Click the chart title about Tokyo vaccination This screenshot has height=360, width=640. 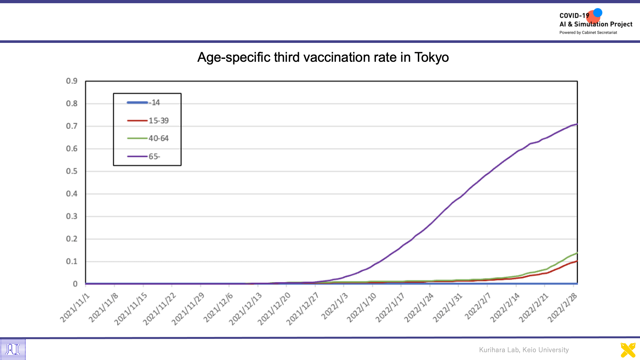point(323,57)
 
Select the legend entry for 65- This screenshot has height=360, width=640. point(144,156)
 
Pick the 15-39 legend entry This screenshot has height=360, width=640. point(148,121)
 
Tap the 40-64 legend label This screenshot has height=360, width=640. point(148,138)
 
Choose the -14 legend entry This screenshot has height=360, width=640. point(143,102)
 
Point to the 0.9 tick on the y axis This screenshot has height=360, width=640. point(72,81)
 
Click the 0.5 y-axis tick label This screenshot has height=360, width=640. point(72,171)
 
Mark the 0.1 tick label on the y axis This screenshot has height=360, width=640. point(72,261)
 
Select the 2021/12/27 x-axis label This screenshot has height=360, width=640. point(302,309)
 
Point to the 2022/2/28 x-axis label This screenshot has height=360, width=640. point(563,307)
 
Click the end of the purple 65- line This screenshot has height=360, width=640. point(577,124)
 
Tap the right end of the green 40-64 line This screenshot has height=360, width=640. point(577,253)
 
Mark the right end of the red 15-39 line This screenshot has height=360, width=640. point(577,261)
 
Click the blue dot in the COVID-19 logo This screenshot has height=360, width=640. point(597,13)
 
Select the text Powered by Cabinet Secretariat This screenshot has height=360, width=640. point(588,33)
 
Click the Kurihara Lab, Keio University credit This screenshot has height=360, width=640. point(524,350)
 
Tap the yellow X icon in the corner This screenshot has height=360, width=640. point(628,350)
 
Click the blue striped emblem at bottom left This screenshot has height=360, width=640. point(13,349)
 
